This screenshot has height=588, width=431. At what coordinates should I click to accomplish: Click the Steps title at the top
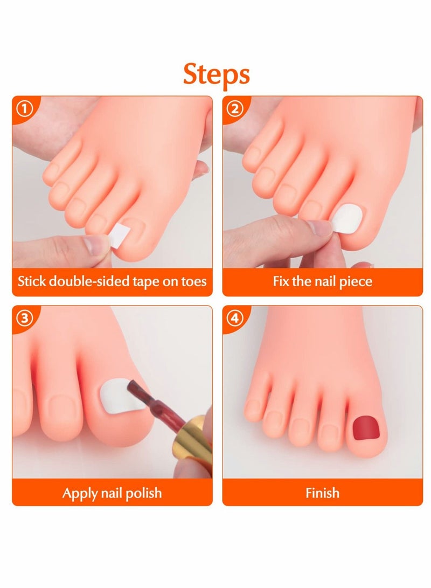tap(216, 74)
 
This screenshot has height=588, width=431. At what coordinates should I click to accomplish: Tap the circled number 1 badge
tap(24, 109)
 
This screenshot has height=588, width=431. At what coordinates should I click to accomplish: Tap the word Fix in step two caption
tap(281, 281)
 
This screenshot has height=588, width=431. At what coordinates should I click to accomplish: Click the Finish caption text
tap(322, 493)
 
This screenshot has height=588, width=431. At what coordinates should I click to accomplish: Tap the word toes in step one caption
tap(192, 281)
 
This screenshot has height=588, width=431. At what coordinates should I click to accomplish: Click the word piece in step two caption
tap(356, 281)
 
